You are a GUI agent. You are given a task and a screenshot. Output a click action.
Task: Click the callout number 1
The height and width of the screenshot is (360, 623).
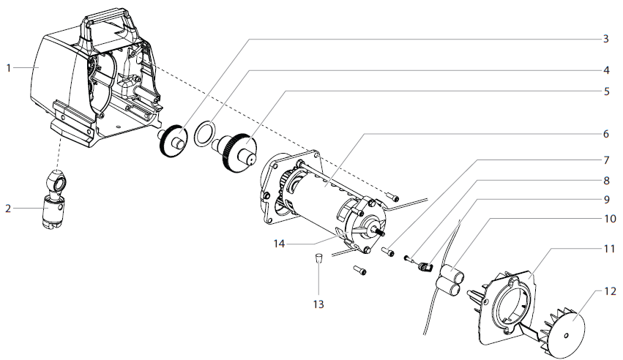click(x=9, y=68)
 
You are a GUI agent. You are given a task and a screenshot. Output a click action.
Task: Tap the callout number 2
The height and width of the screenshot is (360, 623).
click(x=9, y=209)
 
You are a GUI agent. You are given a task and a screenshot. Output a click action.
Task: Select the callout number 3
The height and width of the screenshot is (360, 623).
click(x=605, y=38)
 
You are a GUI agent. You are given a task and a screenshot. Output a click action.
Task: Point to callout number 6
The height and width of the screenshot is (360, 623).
click(x=605, y=135)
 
